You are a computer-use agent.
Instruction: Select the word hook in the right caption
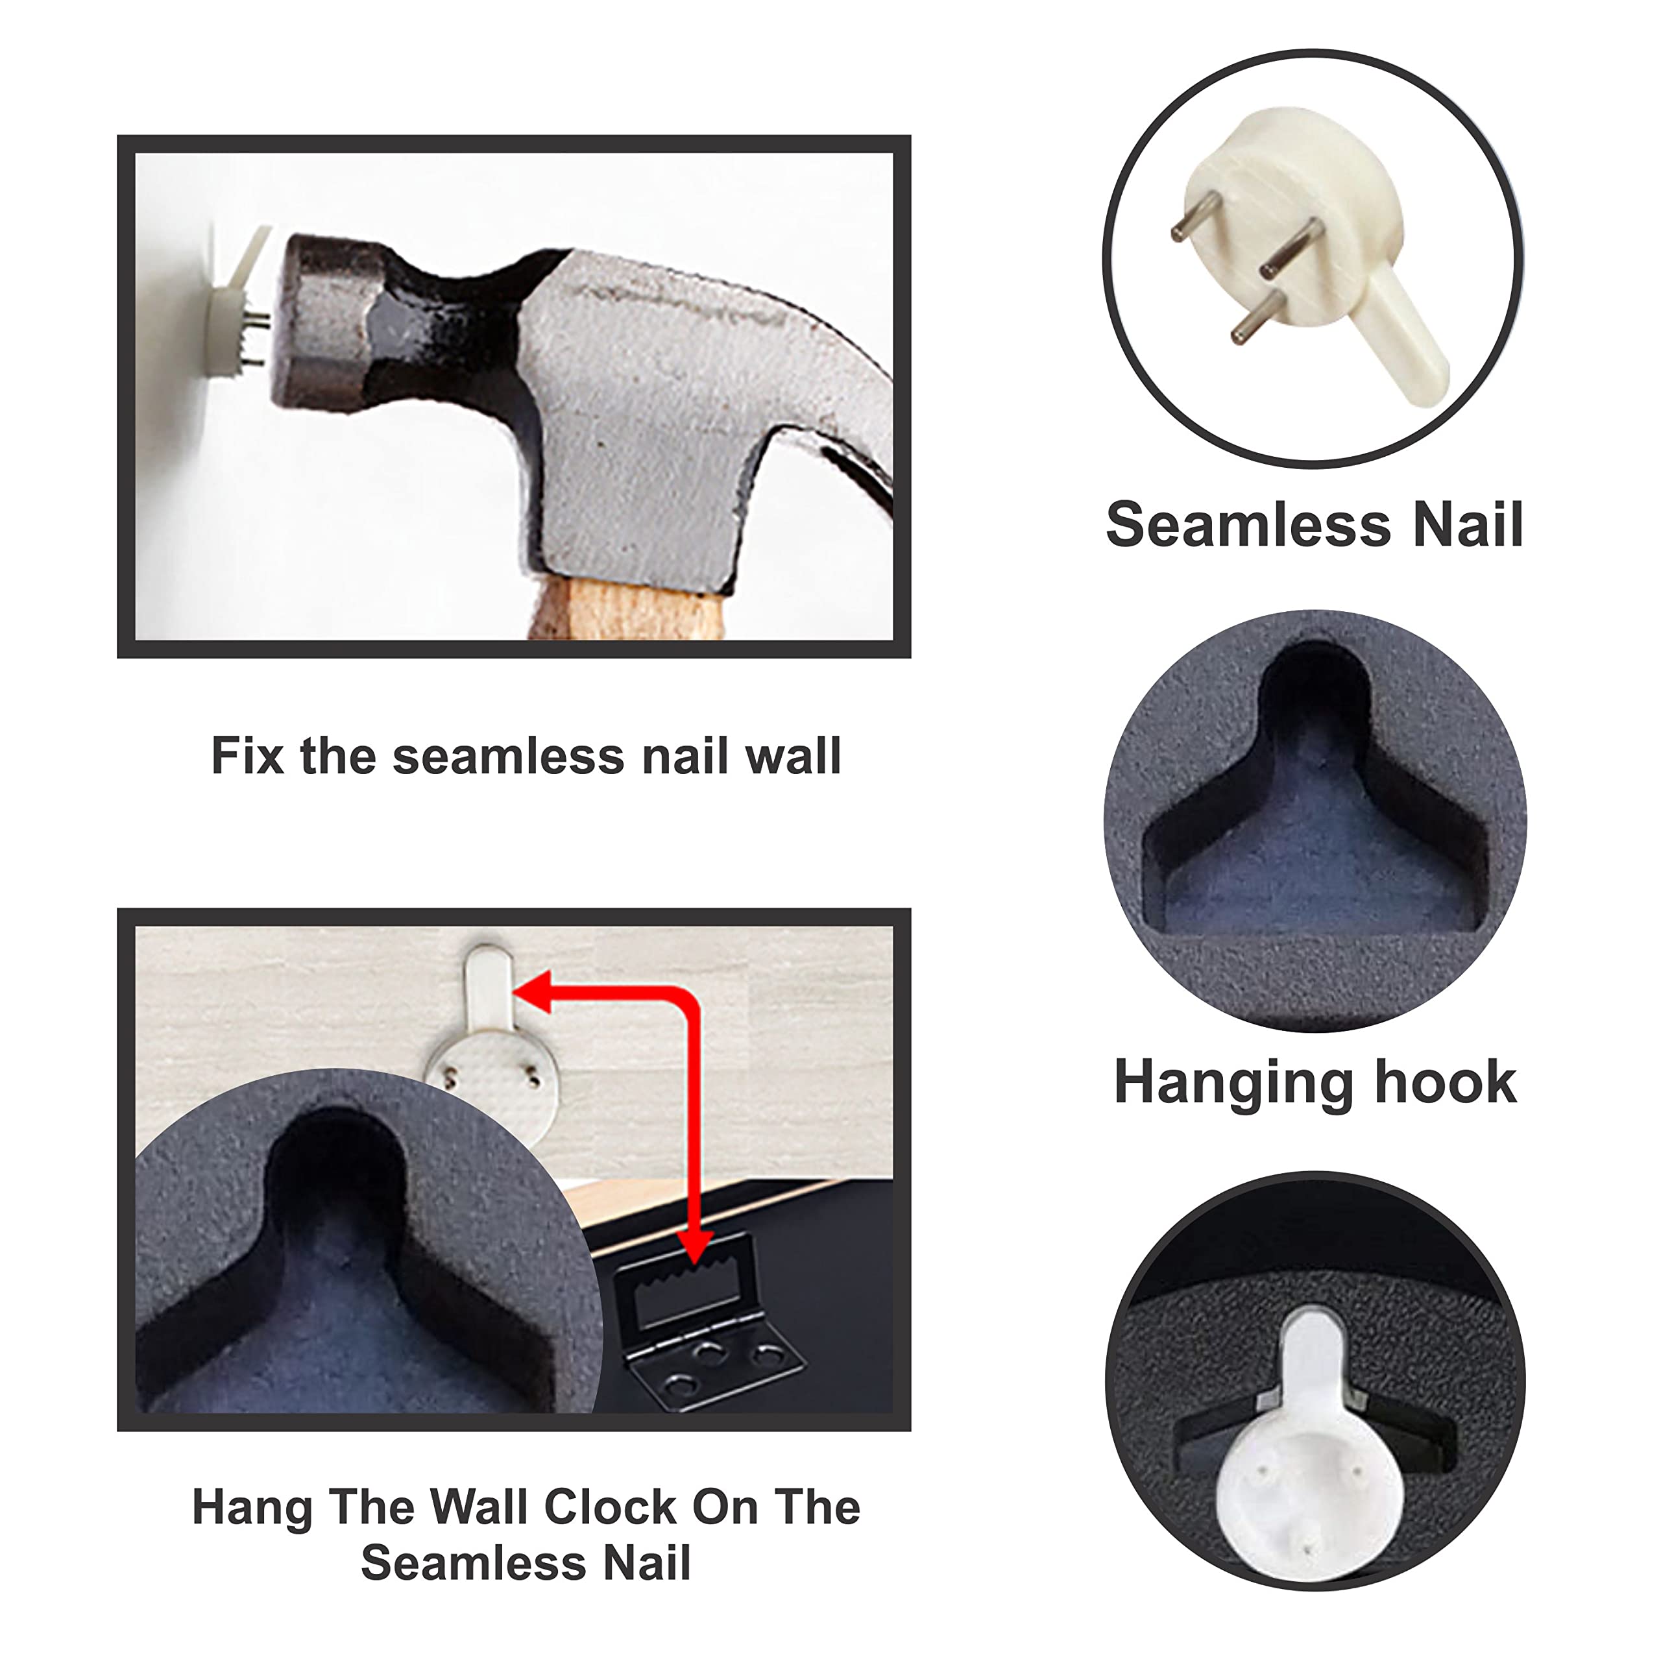click(1446, 1082)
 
